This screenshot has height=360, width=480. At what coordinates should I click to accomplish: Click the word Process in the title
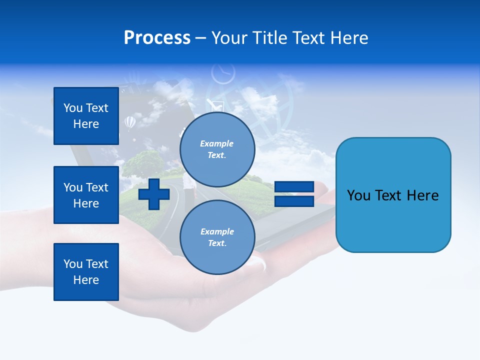point(157,38)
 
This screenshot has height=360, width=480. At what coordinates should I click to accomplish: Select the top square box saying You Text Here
point(86,116)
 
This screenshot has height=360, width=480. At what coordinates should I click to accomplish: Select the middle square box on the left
point(86,195)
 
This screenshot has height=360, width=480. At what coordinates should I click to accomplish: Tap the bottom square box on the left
point(86,272)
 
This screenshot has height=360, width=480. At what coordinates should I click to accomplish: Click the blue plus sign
point(154,194)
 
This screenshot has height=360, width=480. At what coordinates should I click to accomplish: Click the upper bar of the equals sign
point(294,187)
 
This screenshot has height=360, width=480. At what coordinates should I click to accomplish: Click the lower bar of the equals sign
point(294,201)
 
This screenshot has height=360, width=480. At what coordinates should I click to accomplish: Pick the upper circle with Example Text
point(217,149)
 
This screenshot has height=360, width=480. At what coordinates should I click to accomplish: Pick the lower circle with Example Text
point(217,237)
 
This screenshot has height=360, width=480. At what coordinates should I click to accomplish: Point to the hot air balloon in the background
point(129,122)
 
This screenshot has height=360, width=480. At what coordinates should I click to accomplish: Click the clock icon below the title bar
point(223,73)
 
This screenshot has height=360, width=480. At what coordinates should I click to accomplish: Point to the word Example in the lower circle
point(217,231)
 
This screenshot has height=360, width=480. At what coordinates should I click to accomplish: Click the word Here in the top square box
point(86,124)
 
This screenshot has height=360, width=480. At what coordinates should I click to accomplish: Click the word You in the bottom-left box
point(73,264)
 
